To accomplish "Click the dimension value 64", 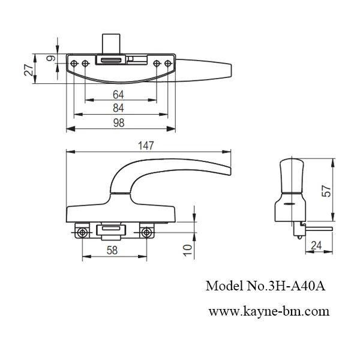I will pyautogui.click(x=119, y=94).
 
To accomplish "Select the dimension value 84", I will pyautogui.click(x=119, y=108).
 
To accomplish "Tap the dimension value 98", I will pyautogui.click(x=119, y=122).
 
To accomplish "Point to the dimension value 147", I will pyautogui.click(x=146, y=145).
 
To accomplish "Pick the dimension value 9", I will pyautogui.click(x=50, y=58).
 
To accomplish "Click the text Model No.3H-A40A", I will pyautogui.click(x=265, y=286).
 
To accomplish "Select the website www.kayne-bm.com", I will pyautogui.click(x=269, y=311).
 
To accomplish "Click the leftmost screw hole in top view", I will pyautogui.click(x=74, y=63).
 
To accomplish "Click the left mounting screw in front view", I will pyautogui.click(x=82, y=232).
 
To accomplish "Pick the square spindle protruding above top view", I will pyautogui.click(x=111, y=43).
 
